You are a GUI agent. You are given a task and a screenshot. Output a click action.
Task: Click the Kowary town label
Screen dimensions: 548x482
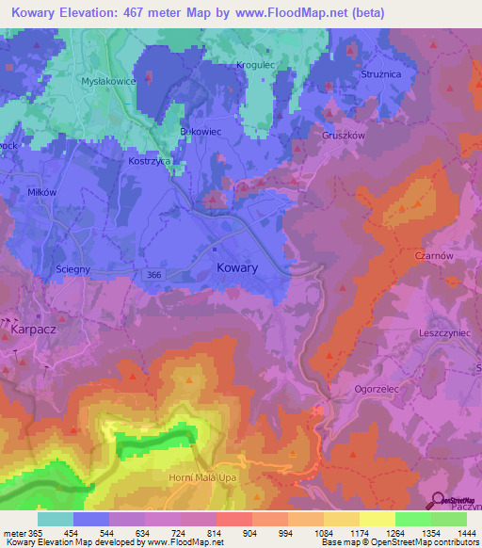237,268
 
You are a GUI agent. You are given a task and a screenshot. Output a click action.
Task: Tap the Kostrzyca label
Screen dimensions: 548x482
149,162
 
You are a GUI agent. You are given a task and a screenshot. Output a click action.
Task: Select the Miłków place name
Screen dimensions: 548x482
43,192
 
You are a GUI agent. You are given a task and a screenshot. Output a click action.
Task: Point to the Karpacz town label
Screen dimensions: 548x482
34,331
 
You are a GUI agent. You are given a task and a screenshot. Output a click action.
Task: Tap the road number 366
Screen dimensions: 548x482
154,274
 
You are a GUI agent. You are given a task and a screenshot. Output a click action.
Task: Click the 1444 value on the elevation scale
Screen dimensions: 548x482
466,533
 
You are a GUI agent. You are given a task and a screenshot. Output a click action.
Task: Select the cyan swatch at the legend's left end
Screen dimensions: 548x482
56,519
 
